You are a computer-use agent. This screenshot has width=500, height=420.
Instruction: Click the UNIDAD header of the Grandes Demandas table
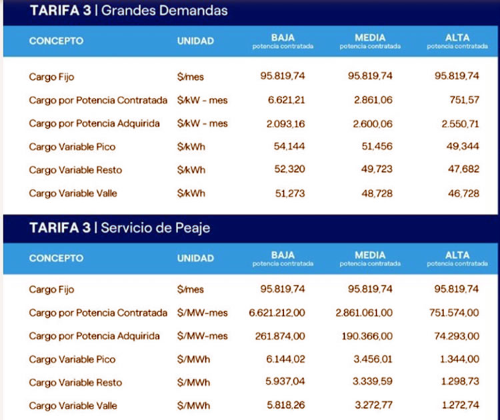point(195,41)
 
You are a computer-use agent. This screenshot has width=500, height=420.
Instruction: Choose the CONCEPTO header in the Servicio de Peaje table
point(56,258)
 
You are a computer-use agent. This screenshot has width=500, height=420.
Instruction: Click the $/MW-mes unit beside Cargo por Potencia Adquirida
point(205,336)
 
